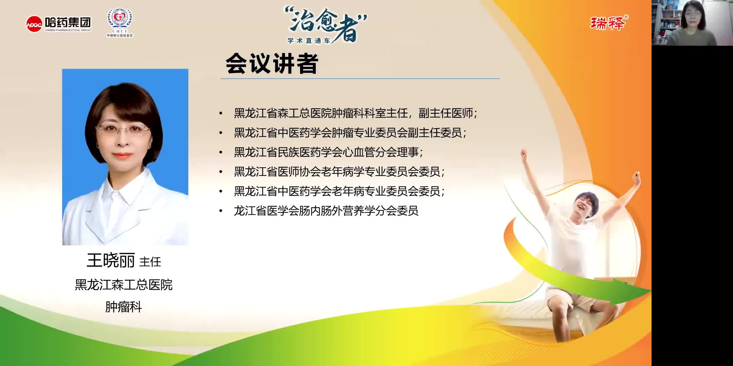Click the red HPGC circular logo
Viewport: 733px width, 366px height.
[34, 24]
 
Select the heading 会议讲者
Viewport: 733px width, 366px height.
[271, 64]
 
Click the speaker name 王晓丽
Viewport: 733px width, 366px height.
[111, 261]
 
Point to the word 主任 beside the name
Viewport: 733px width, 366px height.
[150, 262]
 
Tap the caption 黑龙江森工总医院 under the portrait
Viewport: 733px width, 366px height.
[124, 285]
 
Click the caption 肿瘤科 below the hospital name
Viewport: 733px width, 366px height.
[124, 307]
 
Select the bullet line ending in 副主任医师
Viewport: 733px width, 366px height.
[356, 113]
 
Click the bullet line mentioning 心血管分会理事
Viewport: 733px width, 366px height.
[328, 152]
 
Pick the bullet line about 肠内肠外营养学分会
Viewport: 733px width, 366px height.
[326, 211]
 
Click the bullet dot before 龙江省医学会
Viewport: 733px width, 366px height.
[221, 211]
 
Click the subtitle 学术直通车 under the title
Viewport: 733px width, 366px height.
[309, 41]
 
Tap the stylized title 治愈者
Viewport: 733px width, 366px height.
[326, 24]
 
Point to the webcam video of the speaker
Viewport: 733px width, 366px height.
[692, 23]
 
